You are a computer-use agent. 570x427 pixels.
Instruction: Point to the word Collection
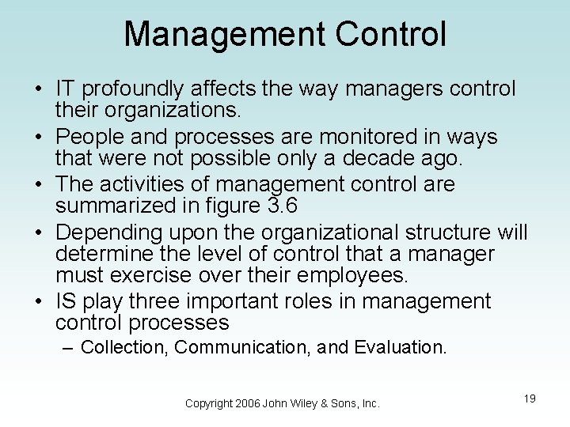pos(124,348)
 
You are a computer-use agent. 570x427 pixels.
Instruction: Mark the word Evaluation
pos(401,348)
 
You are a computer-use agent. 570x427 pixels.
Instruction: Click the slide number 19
pos(530,399)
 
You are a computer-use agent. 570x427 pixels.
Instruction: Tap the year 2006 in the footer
pos(249,404)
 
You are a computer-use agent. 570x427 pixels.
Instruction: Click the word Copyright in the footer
pos(209,404)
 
